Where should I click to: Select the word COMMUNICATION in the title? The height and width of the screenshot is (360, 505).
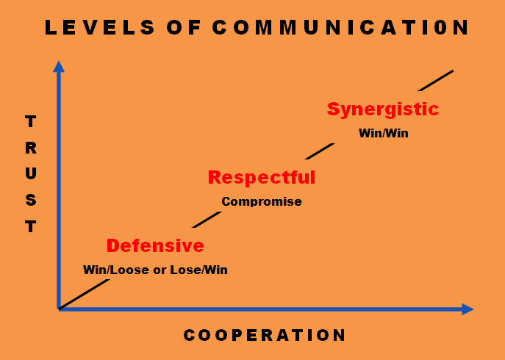pyautogui.click(x=340, y=28)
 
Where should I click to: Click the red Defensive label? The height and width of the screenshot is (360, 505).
pyautogui.click(x=155, y=245)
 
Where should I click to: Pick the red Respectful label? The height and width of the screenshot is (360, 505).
pyautogui.click(x=261, y=177)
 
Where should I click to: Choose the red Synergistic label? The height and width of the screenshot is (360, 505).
pyautogui.click(x=383, y=109)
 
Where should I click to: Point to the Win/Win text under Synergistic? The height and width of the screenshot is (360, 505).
pyautogui.click(x=383, y=134)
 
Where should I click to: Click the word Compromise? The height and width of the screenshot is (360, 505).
pyautogui.click(x=262, y=201)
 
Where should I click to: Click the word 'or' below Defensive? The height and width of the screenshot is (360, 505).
pyautogui.click(x=160, y=270)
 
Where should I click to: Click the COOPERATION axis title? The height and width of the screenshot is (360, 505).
pyautogui.click(x=265, y=336)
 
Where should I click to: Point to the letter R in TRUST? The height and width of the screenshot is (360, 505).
pyautogui.click(x=31, y=148)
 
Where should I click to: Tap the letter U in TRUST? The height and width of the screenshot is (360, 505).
pyautogui.click(x=31, y=174)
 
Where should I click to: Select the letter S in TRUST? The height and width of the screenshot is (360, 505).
pyautogui.click(x=31, y=201)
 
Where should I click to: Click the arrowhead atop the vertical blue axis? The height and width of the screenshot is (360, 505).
pyautogui.click(x=59, y=66)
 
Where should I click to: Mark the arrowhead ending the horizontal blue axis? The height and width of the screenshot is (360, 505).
pyautogui.click(x=468, y=309)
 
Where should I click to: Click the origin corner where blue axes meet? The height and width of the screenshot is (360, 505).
pyautogui.click(x=59, y=309)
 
